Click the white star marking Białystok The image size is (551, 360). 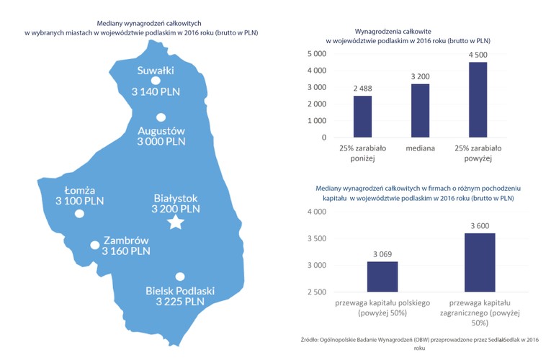[x=174, y=224]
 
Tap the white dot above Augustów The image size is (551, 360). [x=161, y=117]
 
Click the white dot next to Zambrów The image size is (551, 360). [x=94, y=245]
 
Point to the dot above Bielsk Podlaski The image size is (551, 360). [x=180, y=276]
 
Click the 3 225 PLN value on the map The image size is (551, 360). [x=180, y=302]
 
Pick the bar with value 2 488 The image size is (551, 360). [x=362, y=117]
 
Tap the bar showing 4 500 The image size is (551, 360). [x=478, y=99]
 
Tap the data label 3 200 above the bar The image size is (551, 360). [x=420, y=76]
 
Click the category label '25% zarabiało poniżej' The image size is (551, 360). [x=363, y=153]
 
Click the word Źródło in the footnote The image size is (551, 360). [x=312, y=339]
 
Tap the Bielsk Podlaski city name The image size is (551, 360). [x=180, y=290]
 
